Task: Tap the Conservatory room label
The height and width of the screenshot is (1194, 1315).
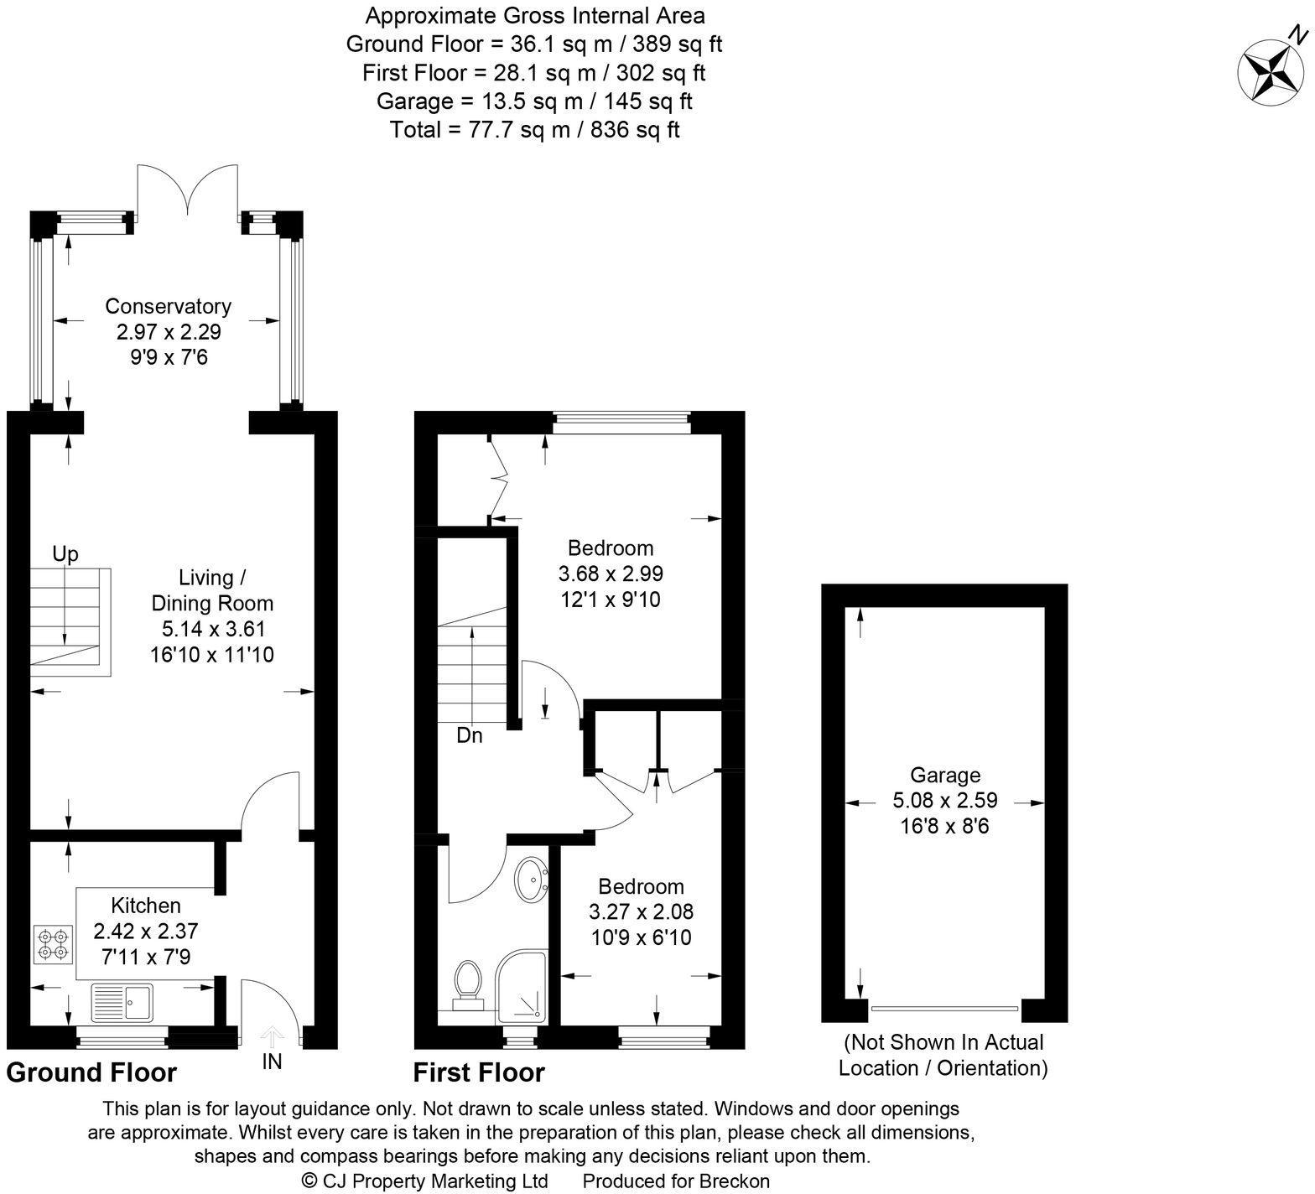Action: point(168,306)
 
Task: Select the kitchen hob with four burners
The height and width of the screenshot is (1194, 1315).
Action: point(52,943)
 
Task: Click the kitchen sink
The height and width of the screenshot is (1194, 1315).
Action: point(122,1002)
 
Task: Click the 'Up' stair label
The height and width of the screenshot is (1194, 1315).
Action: point(65,554)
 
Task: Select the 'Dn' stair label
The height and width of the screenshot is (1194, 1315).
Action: point(470,736)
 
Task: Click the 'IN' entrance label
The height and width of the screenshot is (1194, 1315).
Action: point(272,1062)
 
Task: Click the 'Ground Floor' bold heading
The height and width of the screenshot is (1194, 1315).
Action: point(91,1072)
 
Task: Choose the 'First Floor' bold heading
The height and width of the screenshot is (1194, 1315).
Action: point(479,1072)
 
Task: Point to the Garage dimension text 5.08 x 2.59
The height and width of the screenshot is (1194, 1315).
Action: point(945,801)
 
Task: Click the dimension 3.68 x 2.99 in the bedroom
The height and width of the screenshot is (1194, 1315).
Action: point(611,574)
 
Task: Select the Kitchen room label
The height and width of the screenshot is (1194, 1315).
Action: point(147,906)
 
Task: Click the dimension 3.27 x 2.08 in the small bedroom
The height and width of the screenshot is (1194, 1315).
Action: point(642,911)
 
